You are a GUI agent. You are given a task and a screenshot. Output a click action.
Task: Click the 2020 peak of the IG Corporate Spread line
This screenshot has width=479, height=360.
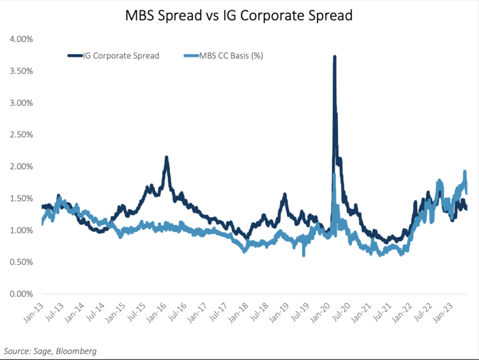point(335,57)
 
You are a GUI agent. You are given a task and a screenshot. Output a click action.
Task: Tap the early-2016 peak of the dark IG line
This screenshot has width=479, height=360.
point(167,158)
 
